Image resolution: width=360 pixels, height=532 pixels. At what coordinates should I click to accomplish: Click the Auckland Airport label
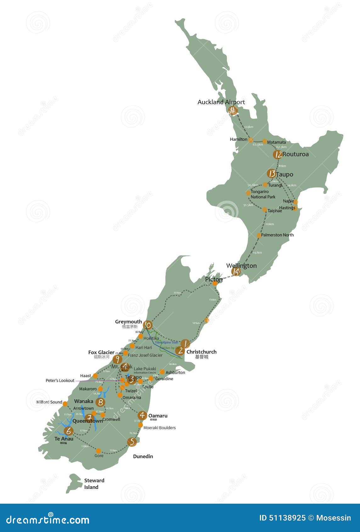[221, 102]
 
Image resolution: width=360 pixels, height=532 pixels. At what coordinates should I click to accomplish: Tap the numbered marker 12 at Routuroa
[278, 154]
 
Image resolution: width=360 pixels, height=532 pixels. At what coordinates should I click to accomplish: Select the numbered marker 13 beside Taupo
[272, 173]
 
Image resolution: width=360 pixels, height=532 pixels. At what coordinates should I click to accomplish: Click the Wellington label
[241, 266]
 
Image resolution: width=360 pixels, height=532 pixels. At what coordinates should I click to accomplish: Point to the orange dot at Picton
[215, 283]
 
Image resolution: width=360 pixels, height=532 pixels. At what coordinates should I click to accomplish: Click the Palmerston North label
[277, 235]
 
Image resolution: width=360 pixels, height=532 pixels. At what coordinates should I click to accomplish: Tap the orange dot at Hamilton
[251, 140]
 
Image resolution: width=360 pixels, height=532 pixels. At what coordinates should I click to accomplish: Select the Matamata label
[276, 142]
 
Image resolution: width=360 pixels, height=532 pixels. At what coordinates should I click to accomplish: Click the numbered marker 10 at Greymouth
[148, 325]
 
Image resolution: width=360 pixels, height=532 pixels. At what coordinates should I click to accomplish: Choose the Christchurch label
[201, 352]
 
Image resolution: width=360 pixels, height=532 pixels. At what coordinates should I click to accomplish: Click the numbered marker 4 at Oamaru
[142, 415]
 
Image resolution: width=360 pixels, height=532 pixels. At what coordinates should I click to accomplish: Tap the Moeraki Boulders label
[160, 428]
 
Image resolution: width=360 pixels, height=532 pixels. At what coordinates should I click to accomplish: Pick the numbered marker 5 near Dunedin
[132, 442]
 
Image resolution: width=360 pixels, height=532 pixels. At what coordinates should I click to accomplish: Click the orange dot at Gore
[98, 451]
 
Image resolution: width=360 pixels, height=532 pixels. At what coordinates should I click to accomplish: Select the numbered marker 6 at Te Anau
[69, 431]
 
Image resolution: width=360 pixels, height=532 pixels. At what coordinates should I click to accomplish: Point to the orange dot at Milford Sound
[65, 404]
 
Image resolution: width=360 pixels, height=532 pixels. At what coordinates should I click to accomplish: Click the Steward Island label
[94, 484]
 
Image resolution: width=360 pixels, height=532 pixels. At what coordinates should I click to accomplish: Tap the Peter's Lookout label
[60, 381]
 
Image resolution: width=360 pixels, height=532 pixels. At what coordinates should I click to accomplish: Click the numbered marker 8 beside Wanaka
[101, 402]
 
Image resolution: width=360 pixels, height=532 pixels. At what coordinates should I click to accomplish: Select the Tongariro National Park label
[263, 194]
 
